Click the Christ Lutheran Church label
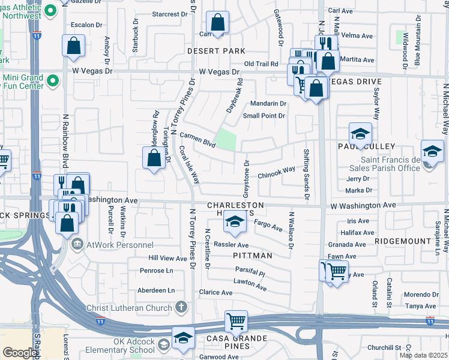click(x=137, y=307)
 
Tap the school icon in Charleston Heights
click(x=235, y=223)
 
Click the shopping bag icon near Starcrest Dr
click(x=217, y=23)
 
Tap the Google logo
click(x=20, y=353)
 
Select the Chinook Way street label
click(x=276, y=173)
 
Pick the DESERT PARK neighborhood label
click(x=216, y=52)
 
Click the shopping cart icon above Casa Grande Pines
click(x=237, y=320)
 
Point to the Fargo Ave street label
click(x=268, y=226)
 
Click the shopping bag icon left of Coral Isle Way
click(x=154, y=158)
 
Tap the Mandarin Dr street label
click(x=268, y=103)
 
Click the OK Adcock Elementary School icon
click(x=183, y=338)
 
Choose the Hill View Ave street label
click(x=168, y=258)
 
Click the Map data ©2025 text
click(x=423, y=355)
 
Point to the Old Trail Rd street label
click(x=261, y=64)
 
